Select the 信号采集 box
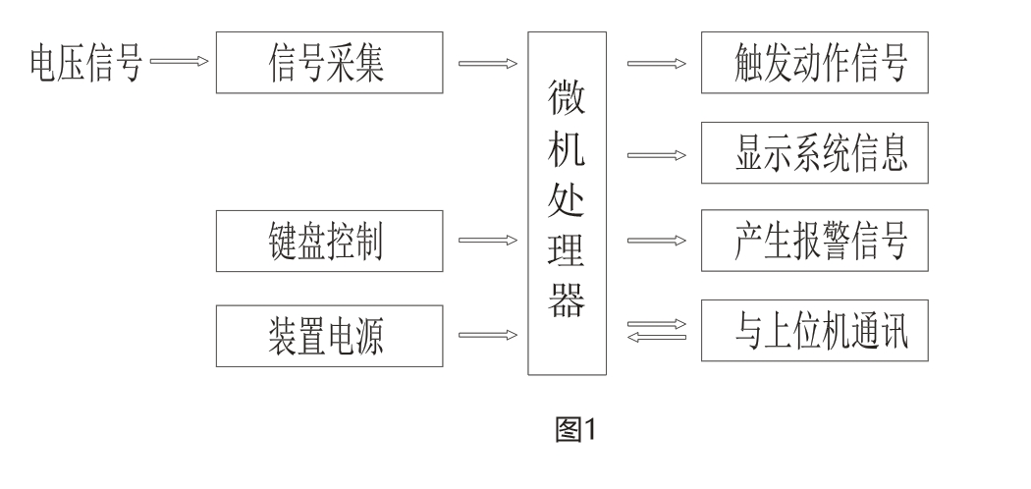(x=328, y=65)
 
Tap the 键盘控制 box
(x=328, y=241)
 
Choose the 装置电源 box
(x=328, y=335)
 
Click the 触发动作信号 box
(x=813, y=65)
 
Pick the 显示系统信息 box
(x=813, y=154)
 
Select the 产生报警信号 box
(x=813, y=241)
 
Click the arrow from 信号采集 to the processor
(x=488, y=65)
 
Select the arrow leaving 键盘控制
(x=488, y=241)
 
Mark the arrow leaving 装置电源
(x=488, y=335)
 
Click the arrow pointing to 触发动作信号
(x=657, y=65)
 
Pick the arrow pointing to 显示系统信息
(x=657, y=154)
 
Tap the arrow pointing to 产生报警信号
(x=657, y=241)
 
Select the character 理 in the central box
(x=568, y=251)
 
